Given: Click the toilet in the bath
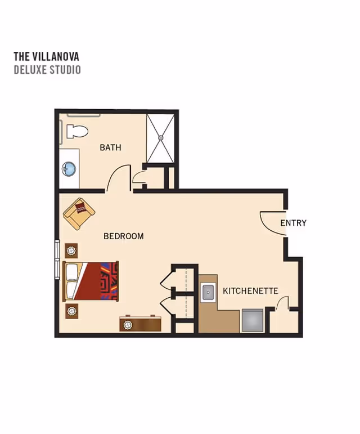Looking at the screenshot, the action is pos(77,131).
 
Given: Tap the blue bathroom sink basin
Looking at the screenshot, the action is pos(69,168).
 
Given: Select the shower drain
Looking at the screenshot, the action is pos(161,137).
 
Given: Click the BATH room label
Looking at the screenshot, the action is pos(110,147).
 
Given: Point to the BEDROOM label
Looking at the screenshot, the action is pos(124,236).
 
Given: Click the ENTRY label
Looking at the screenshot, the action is pos(294,223).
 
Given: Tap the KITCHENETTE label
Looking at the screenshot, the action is pos(250,291).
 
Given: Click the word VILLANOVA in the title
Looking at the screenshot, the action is pos(56,56).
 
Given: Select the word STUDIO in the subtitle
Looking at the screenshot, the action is pos(65,69).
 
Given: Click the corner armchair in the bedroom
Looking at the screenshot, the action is pos(79,213).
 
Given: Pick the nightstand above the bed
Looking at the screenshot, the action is pos(71,250).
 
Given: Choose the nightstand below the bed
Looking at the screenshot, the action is pos(71,311).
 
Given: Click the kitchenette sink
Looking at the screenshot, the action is pos(208,293).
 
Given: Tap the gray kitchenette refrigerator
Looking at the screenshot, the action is pos(252,320).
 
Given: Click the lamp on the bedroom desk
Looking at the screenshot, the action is pos(128,324).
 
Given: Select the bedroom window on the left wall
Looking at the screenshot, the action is pos(57,259).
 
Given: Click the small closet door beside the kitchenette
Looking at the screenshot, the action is pos(282,303).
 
